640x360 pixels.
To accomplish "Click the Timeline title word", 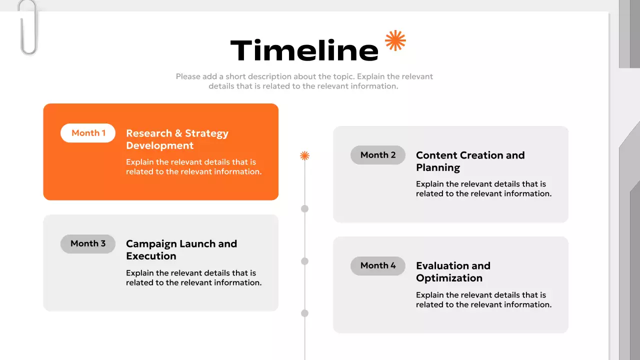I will click(x=304, y=50).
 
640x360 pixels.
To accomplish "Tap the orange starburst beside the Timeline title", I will click(x=395, y=40).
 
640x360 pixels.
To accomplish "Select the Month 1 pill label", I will click(x=88, y=133).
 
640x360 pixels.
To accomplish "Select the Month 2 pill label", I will click(x=378, y=155).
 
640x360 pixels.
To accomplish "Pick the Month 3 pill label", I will click(x=88, y=243).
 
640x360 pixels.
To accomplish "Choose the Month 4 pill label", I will click(x=378, y=265).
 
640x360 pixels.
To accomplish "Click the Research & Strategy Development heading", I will click(x=177, y=139).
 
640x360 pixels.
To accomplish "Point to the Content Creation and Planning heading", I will click(x=470, y=161).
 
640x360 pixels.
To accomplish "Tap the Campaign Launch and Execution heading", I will click(x=181, y=250).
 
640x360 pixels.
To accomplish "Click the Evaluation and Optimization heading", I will click(x=453, y=272).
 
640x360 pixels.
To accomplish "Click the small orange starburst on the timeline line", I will click(x=304, y=155).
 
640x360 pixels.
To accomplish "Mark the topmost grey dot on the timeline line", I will click(x=304, y=208).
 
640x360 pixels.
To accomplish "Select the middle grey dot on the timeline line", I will click(x=304, y=261).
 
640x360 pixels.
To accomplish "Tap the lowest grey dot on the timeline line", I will click(x=304, y=313).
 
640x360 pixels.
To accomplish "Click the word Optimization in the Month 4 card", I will click(x=449, y=278).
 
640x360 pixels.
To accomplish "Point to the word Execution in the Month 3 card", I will click(x=151, y=256).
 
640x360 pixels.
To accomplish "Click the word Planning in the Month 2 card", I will click(x=438, y=168).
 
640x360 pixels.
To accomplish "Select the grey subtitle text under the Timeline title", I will click(x=304, y=81).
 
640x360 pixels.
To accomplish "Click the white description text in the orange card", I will click(x=193, y=167).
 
